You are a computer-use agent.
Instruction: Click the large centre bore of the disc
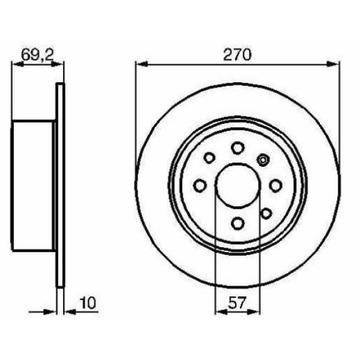click(x=238, y=185)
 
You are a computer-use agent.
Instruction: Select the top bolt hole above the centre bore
click(x=238, y=148)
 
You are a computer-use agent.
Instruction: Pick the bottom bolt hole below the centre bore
click(x=238, y=223)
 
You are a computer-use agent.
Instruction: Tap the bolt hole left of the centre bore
click(x=200, y=185)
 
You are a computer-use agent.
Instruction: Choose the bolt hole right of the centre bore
click(x=275, y=185)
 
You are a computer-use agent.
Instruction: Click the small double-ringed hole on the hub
click(x=262, y=159)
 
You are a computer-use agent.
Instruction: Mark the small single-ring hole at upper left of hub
click(x=209, y=158)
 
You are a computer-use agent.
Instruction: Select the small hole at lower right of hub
click(x=266, y=213)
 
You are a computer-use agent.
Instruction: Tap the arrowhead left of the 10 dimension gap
click(x=52, y=311)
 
